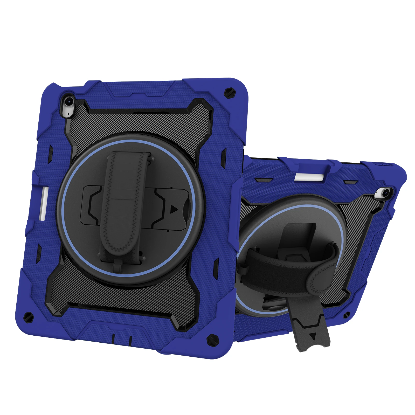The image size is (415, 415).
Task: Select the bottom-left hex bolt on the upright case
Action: pyautogui.click(x=27, y=316)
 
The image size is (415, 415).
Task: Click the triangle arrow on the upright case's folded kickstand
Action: pyautogui.click(x=173, y=209)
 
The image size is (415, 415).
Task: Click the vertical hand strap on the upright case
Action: pyautogui.click(x=124, y=202)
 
